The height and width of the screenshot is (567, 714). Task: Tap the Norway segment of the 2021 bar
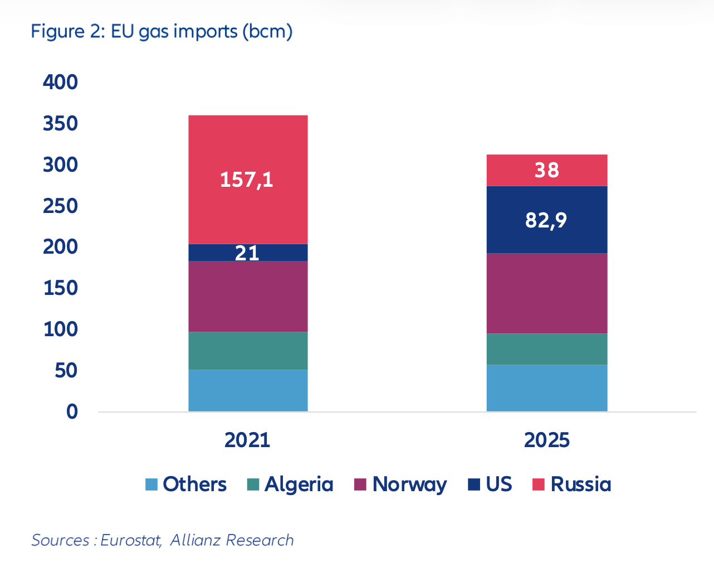point(248,296)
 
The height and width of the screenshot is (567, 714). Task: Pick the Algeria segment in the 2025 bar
point(546,349)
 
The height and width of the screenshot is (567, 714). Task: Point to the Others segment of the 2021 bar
point(248,390)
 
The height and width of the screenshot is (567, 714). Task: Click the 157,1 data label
point(247,180)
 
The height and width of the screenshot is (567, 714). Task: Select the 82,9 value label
point(546,220)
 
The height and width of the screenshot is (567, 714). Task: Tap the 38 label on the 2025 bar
point(546,170)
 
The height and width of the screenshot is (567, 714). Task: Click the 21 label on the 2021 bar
point(247,253)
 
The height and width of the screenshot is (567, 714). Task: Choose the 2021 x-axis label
point(247,440)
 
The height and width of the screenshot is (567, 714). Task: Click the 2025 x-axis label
point(546,440)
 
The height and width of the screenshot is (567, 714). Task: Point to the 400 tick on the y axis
point(60,82)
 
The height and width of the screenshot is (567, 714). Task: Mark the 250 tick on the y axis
point(60,206)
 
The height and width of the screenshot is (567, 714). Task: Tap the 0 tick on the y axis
point(72,411)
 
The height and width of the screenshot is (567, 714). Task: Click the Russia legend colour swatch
point(538,484)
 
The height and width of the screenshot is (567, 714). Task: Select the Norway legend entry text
point(409,484)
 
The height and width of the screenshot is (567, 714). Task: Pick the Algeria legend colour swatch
point(253,484)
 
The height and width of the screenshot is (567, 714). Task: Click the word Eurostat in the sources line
point(131,540)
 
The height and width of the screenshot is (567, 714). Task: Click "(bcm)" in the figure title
point(267,31)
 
